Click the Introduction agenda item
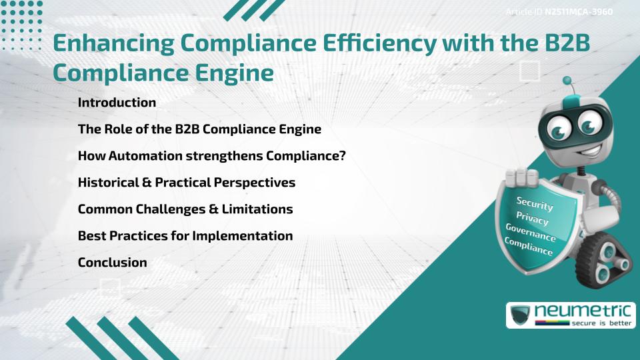(117, 103)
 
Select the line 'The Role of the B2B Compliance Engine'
(199, 129)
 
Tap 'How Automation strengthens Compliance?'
(211, 156)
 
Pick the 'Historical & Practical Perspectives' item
(186, 183)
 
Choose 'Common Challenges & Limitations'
(185, 209)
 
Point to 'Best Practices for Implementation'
(185, 236)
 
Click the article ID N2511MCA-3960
(578, 12)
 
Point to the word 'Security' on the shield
(535, 203)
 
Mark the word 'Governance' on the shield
(531, 233)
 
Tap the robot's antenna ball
(568, 81)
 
